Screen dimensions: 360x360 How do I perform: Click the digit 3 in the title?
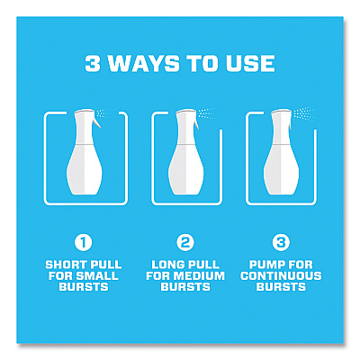(93, 63)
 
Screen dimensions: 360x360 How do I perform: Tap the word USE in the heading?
(251, 63)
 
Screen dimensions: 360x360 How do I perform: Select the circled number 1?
(84, 243)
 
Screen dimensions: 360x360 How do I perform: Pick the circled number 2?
(185, 243)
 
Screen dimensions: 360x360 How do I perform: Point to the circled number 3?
(281, 243)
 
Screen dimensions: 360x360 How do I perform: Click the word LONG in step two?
(167, 265)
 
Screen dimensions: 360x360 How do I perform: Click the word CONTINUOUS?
(281, 275)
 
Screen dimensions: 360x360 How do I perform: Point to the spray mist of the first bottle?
(102, 113)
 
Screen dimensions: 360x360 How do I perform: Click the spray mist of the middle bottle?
(206, 113)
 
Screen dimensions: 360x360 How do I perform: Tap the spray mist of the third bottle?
(304, 112)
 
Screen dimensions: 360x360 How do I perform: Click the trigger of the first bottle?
(97, 122)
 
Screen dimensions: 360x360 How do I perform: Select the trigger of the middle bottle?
(196, 123)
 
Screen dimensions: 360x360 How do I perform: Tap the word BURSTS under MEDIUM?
(185, 287)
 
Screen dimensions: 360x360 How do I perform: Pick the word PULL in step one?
(106, 265)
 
